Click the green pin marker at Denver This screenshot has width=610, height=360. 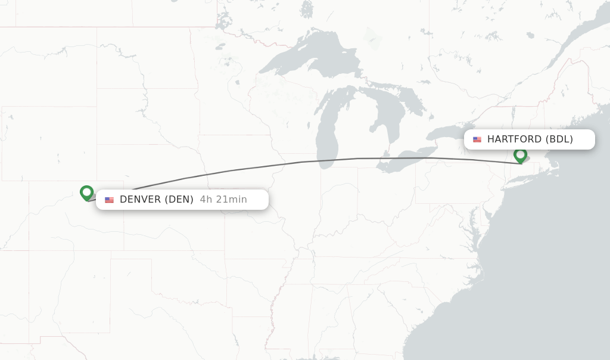click(87, 193)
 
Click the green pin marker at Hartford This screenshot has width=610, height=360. click(520, 156)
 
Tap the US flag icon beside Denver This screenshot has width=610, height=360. click(109, 200)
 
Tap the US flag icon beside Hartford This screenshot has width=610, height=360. click(477, 139)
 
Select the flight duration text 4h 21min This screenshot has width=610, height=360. click(223, 200)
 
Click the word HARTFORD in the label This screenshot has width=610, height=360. click(514, 139)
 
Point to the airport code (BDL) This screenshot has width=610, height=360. click(559, 139)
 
